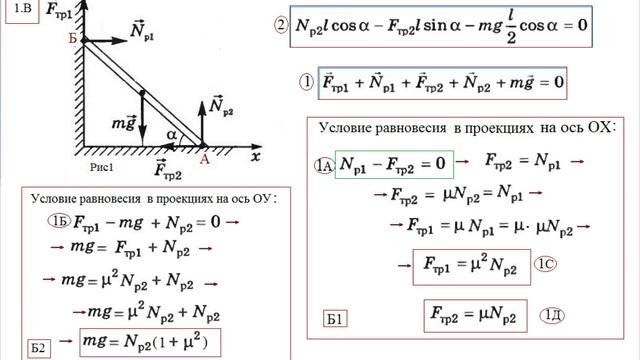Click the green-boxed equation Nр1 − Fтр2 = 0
pyautogui.click(x=394, y=162)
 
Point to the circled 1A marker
pyautogui.click(x=322, y=164)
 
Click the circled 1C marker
pyautogui.click(x=546, y=266)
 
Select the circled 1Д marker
pyautogui.click(x=553, y=317)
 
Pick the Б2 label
pyautogui.click(x=38, y=347)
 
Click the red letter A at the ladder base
pyautogui.click(x=204, y=157)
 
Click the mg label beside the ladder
pyautogui.click(x=124, y=123)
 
